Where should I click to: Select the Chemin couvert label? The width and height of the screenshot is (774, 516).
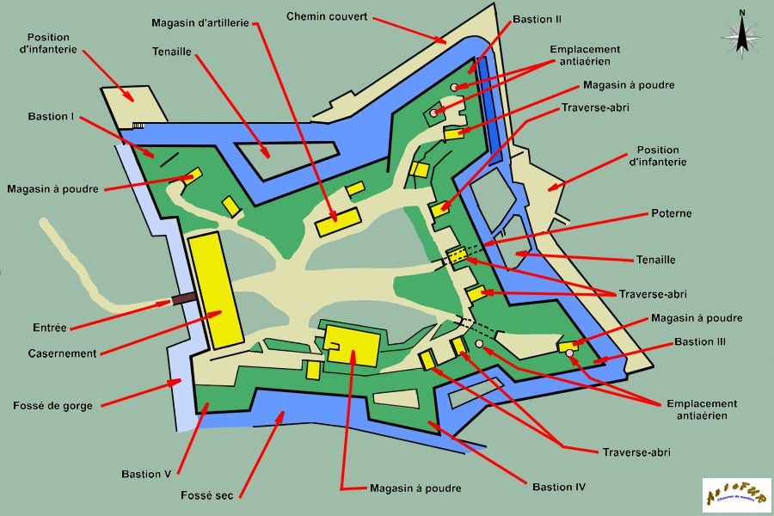pyautogui.click(x=327, y=16)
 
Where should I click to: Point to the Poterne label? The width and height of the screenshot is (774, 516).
pyautogui.click(x=672, y=213)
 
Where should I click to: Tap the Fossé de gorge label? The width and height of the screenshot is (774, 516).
pyautogui.click(x=53, y=405)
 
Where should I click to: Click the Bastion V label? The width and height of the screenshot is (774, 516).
pyautogui.click(x=147, y=474)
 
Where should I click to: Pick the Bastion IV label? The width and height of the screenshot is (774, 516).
pyautogui.click(x=559, y=488)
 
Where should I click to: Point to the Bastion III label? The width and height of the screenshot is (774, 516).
pyautogui.click(x=700, y=342)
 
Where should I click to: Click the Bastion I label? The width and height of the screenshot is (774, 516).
pyautogui.click(x=50, y=116)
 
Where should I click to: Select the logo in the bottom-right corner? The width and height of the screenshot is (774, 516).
pyautogui.click(x=736, y=495)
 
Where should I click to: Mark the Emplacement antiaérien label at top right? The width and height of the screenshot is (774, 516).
pyautogui.click(x=585, y=56)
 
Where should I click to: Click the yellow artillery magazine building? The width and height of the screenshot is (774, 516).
pyautogui.click(x=337, y=222)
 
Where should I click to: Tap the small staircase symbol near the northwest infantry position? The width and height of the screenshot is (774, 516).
pyautogui.click(x=138, y=126)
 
